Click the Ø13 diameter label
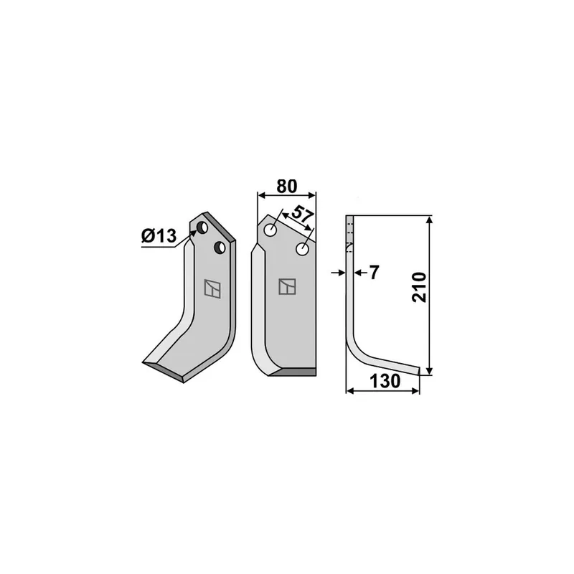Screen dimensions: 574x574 159,236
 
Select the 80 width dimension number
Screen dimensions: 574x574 286,187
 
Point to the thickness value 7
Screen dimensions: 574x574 374,273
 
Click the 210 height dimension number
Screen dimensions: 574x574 419,287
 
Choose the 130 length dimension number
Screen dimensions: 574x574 385,381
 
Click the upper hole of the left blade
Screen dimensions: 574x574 202,227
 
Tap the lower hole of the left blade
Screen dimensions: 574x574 220,248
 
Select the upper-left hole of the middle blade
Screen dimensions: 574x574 270,230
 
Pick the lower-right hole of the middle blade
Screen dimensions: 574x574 302,249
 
